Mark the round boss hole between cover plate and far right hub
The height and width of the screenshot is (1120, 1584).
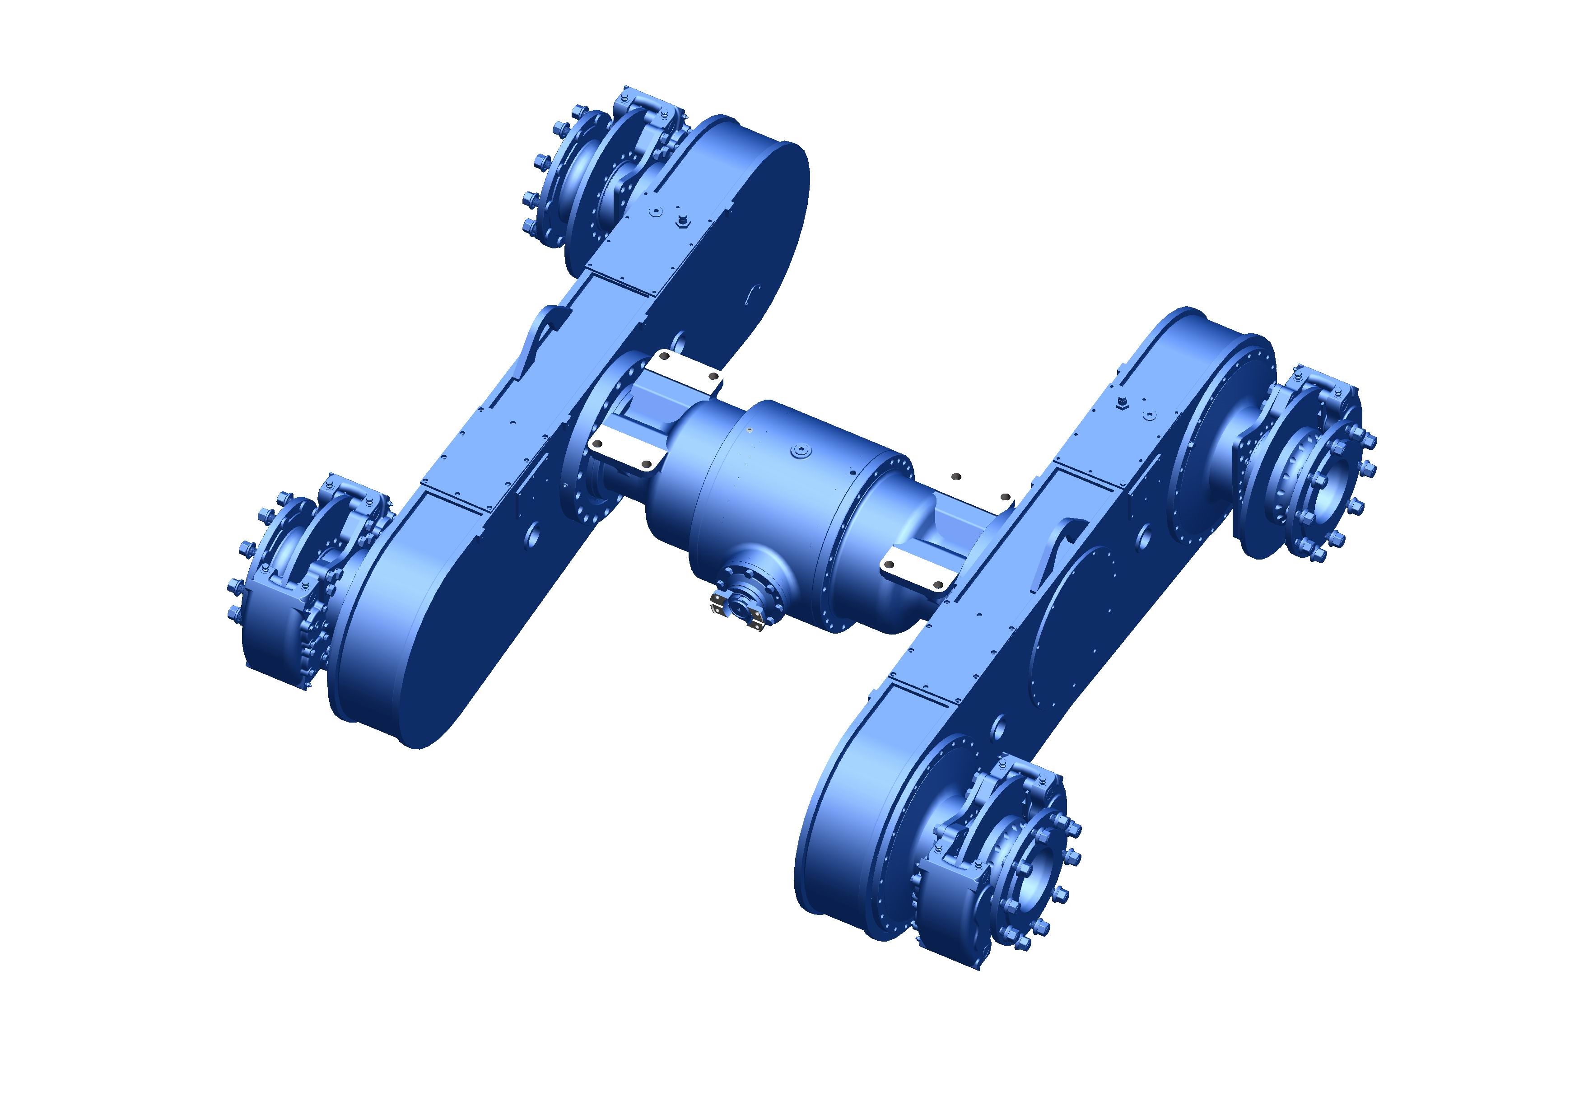[1143, 535]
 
